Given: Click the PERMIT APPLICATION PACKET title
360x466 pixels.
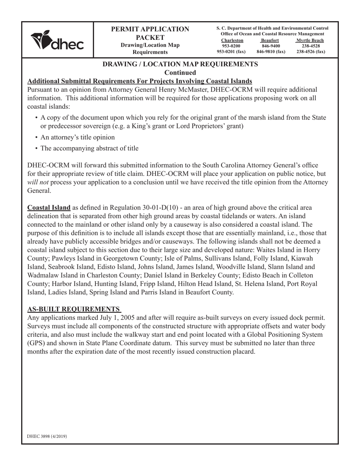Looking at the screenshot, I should [x=150, y=33].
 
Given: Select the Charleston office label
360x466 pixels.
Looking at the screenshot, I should [x=232, y=41].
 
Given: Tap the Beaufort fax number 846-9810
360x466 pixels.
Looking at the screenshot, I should [x=271, y=52].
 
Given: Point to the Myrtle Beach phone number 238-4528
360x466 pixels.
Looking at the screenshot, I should [x=310, y=46].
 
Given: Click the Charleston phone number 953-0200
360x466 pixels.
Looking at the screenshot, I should [x=231, y=46].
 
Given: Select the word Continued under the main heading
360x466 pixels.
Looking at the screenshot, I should [x=180, y=72].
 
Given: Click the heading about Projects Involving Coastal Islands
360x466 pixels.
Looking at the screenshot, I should [x=140, y=81].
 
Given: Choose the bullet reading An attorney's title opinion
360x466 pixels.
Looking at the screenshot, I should [x=77, y=137].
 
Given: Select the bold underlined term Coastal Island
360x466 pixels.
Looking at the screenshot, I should [x=49, y=208].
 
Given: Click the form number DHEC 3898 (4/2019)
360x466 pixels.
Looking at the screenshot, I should [x=47, y=436].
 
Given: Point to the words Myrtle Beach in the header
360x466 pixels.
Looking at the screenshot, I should [x=310, y=41].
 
